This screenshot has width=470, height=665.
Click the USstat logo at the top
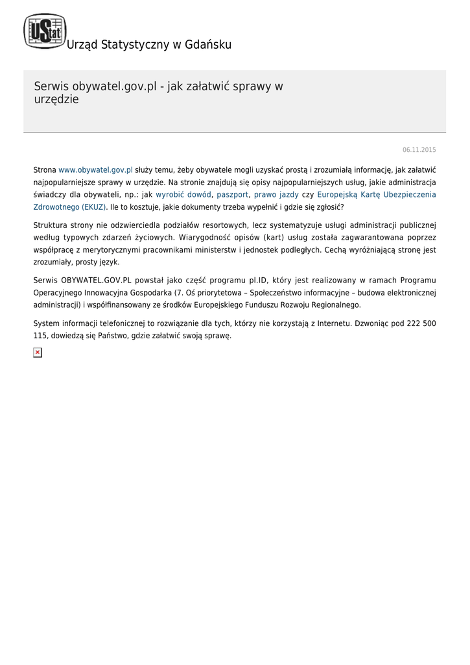click(45, 31)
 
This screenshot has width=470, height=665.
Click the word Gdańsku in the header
click(209, 45)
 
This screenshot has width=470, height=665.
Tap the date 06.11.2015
click(419, 150)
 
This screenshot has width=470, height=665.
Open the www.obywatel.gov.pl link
click(95, 169)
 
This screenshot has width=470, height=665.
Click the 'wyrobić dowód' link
click(183, 194)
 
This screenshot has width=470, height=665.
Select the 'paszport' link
click(233, 194)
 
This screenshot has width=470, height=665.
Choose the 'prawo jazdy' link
click(276, 194)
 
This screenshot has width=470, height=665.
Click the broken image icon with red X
click(38, 352)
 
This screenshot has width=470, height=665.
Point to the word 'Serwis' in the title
click(51, 86)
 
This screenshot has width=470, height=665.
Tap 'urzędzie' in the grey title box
click(56, 100)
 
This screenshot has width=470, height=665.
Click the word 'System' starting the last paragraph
click(45, 323)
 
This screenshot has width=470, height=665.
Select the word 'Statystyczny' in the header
click(134, 45)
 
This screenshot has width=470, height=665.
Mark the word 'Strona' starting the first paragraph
click(45, 169)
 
